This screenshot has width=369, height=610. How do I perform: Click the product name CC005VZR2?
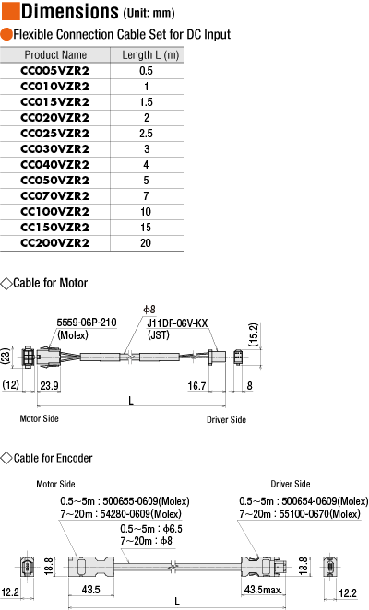coord(55,71)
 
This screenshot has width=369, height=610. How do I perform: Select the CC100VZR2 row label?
coord(55,212)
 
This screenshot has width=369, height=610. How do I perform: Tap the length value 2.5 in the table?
coord(146,134)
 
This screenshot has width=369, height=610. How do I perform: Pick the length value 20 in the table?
coord(146,243)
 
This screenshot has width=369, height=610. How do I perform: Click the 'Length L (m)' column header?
coord(150,55)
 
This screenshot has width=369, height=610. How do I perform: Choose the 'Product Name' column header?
coord(55,55)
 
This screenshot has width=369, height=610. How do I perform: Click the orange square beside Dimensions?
coord(10,10)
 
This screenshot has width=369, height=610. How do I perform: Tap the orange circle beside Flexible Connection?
coord(6,34)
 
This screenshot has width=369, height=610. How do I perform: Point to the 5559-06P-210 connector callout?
coord(87,323)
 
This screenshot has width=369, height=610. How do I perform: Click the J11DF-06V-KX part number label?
coord(177,323)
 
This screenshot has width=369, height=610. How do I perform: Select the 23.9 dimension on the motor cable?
coord(50,386)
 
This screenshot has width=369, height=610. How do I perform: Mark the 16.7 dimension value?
coord(196,386)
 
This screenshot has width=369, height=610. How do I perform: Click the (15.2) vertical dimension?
coord(254,334)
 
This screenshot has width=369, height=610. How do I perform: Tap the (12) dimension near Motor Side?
coord(10,385)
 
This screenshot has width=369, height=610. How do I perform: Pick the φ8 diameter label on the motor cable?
coord(149,310)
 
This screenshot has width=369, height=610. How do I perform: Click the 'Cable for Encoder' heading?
coord(53,458)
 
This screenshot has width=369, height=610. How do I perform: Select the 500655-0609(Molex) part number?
coord(146,501)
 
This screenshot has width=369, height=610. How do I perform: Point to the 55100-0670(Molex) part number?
coord(319,514)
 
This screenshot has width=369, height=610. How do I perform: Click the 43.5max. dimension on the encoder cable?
coord(263,590)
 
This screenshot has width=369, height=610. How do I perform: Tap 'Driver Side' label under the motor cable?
coord(226,420)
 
